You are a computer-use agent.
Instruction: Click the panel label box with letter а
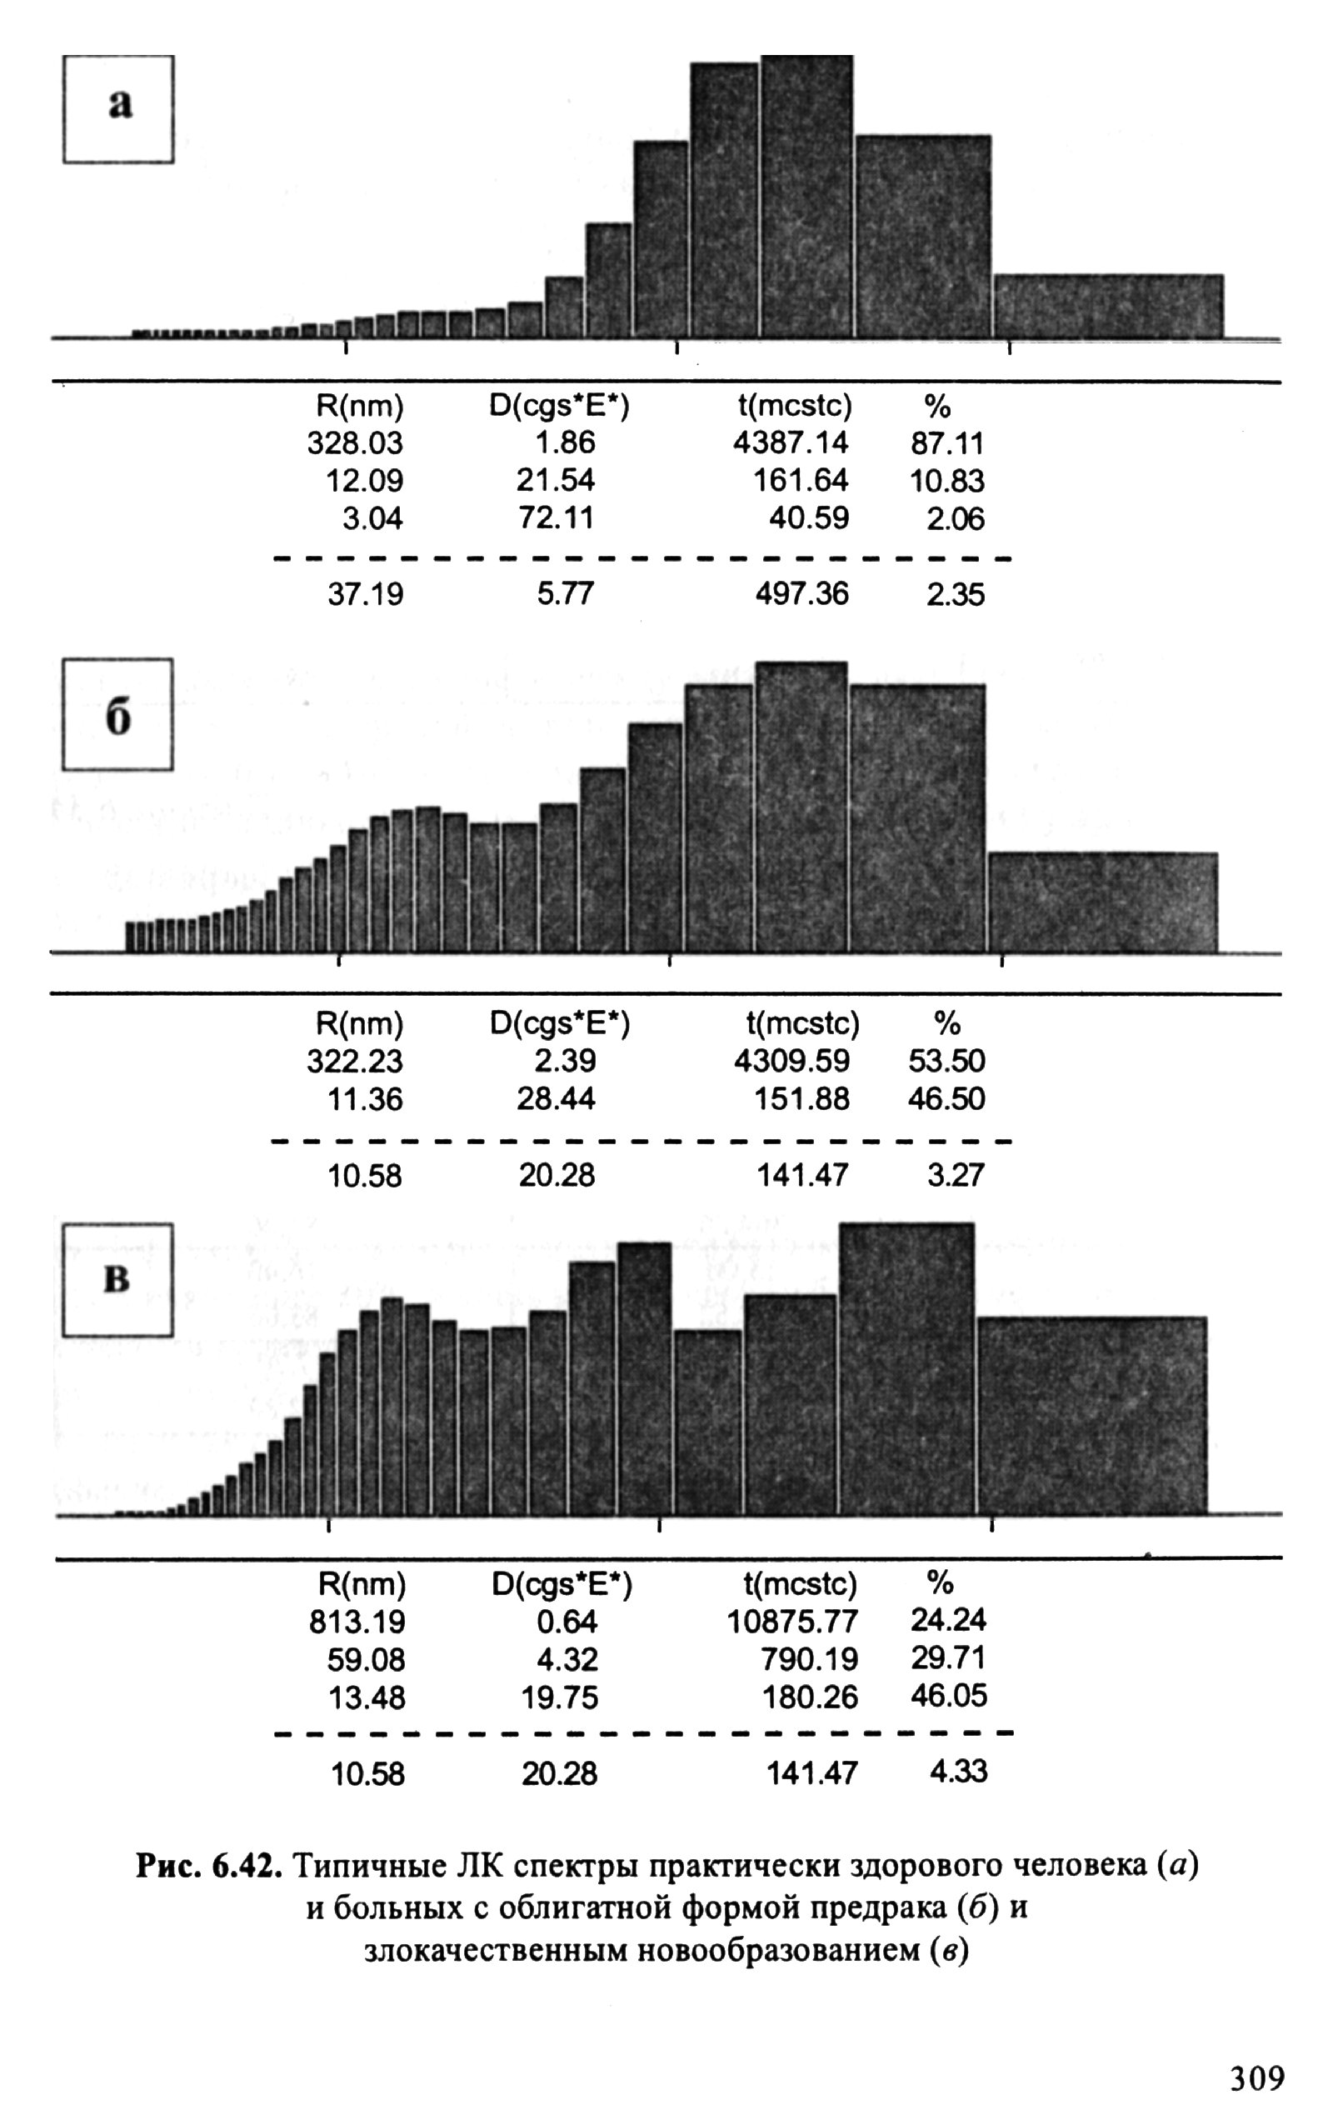pos(118,109)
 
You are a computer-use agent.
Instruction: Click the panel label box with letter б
pos(117,714)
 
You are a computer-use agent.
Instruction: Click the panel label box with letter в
pos(117,1280)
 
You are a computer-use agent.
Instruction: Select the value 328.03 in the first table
pos(354,442)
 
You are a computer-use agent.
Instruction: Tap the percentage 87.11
pos(947,442)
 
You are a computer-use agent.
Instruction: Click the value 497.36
pos(801,594)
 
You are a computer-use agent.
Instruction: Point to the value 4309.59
pos(791,1061)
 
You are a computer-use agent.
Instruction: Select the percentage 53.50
pos(947,1061)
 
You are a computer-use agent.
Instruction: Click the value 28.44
pos(556,1099)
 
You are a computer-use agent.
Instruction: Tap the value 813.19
pos(357,1622)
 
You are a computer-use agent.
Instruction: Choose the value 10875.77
pos(791,1622)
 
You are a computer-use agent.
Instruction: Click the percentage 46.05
pos(949,1696)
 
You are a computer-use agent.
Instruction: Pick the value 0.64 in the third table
pos(567,1622)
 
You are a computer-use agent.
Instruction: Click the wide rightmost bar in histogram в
pos(1091,1415)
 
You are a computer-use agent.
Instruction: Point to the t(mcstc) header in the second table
pos(801,1023)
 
